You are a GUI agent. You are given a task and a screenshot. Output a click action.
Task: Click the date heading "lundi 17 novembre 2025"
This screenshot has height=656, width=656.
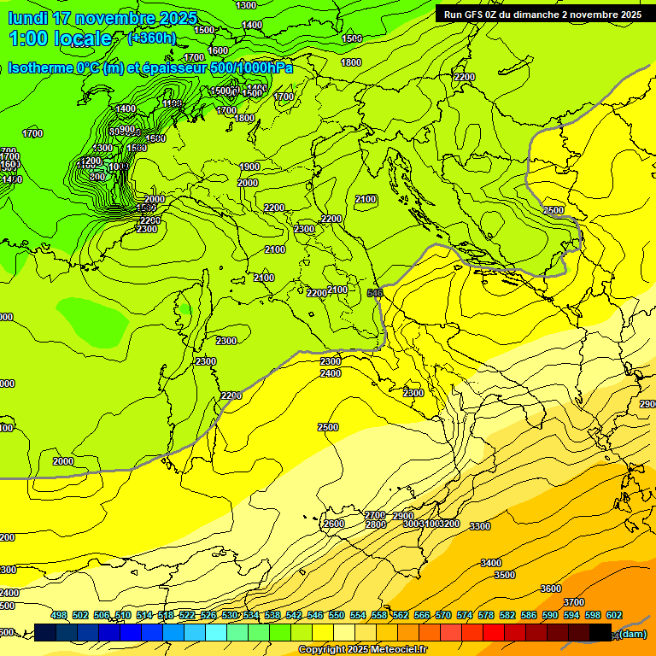coord(102,18)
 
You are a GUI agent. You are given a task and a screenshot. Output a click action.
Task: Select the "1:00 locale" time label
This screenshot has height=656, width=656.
coord(61,38)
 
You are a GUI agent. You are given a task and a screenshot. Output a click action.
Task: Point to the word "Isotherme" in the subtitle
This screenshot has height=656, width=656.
coord(38,68)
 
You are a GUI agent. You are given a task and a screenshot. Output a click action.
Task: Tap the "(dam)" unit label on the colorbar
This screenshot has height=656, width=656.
coord(632,633)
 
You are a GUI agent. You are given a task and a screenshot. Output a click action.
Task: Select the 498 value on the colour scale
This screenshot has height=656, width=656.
coord(59,615)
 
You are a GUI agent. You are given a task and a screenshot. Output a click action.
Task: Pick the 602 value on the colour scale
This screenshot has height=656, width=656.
coord(613,615)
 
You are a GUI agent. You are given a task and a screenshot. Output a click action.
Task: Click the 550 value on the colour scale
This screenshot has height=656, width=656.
coord(337,615)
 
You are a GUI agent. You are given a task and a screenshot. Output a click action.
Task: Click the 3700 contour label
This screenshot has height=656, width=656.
coord(574,602)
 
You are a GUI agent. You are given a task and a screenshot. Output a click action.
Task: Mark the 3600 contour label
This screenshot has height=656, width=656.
coord(551,589)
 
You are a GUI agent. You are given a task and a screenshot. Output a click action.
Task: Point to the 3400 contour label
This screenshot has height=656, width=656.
coord(490,563)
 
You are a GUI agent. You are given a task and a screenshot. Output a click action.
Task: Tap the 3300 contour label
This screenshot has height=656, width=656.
coord(480,526)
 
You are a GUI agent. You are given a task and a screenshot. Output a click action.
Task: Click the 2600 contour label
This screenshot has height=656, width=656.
coord(334,524)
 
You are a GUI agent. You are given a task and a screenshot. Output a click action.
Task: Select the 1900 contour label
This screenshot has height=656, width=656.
coord(249,167)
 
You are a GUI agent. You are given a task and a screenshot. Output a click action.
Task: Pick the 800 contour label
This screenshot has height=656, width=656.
coord(97,177)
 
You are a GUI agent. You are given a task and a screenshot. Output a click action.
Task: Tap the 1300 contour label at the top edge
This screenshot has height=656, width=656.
coord(245,5)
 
